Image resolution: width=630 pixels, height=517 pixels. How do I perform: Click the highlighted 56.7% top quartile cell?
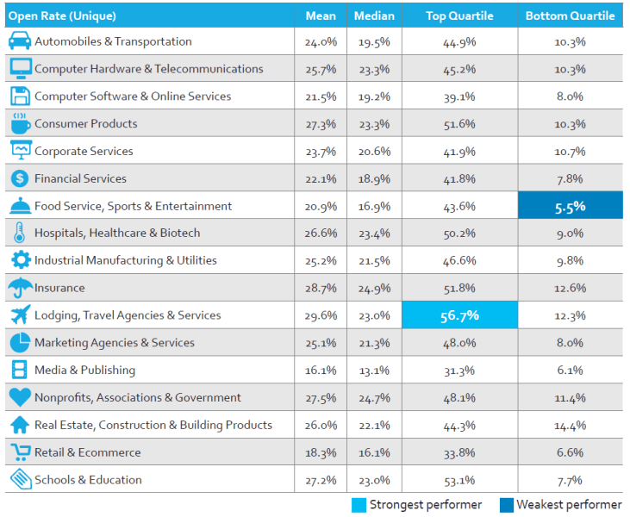459,315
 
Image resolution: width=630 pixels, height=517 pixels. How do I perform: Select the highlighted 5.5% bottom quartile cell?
570,206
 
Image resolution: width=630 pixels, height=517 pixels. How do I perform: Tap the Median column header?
374,16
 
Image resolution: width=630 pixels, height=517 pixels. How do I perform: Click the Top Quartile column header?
459,16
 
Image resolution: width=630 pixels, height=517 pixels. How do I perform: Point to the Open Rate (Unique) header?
62,16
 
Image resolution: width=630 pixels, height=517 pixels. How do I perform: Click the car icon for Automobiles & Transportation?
19,41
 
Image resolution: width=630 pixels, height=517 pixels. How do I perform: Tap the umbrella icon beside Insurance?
19,288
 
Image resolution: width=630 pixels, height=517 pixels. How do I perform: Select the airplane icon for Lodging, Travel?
19,315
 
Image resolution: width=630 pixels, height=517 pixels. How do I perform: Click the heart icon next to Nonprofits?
19,397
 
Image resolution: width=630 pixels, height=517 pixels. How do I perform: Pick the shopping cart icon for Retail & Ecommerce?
19,452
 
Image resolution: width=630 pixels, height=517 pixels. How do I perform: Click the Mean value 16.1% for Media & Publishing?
320,371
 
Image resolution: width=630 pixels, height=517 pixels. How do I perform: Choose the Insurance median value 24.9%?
374,288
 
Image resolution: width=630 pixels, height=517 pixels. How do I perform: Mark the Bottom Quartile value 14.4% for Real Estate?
570,425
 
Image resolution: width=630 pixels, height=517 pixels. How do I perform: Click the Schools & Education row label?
88,480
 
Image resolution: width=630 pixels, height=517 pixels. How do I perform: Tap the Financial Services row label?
80,178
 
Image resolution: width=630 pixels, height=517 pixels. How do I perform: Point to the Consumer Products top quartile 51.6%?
459,124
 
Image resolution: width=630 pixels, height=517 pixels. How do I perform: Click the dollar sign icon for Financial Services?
19,178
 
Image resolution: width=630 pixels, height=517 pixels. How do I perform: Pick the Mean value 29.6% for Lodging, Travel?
320,315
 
